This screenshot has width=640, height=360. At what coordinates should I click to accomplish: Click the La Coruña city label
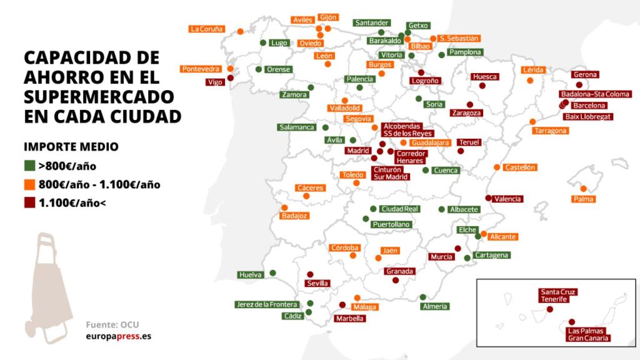click(x=207, y=28)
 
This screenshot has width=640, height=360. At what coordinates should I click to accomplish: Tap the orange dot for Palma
click(x=584, y=189)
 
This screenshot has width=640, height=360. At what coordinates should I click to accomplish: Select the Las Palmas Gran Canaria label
click(x=587, y=334)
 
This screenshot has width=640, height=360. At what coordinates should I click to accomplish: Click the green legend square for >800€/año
click(x=29, y=166)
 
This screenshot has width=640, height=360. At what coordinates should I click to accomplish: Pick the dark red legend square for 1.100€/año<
click(x=29, y=202)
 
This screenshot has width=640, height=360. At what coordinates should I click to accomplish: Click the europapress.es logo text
click(x=118, y=336)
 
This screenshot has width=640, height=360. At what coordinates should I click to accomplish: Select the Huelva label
click(x=250, y=275)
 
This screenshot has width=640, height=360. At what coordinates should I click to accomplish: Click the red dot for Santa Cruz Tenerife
click(x=550, y=309)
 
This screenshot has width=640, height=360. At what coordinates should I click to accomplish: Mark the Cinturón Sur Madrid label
click(x=392, y=173)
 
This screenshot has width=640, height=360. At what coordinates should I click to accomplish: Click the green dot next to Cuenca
click(x=426, y=170)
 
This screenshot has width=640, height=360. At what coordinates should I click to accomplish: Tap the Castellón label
click(x=520, y=167)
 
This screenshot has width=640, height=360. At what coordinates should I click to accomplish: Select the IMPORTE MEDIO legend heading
click(x=71, y=147)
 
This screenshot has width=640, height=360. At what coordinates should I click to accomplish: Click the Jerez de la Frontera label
click(x=266, y=304)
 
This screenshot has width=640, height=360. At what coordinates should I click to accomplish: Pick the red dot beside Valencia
click(x=489, y=198)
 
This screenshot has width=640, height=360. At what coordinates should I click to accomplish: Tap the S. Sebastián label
click(x=459, y=38)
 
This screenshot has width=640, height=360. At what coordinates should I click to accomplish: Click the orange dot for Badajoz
click(x=284, y=207)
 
